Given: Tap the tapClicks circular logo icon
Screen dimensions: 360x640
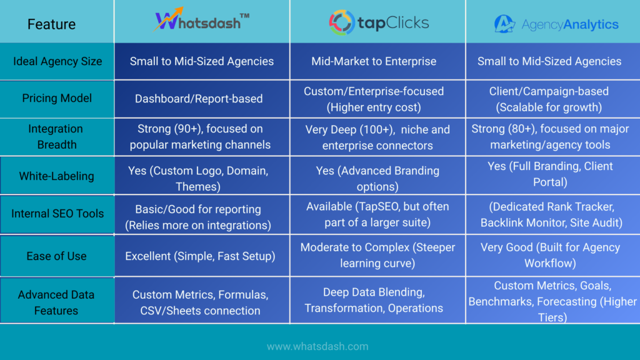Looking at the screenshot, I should (x=341, y=23).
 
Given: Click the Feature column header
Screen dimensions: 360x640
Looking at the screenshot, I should (x=51, y=24).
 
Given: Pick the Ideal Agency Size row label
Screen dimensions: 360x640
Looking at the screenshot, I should (x=57, y=61).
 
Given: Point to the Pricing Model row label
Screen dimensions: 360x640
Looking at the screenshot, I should (x=57, y=98).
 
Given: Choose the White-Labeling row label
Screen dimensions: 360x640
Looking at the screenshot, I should (x=57, y=176).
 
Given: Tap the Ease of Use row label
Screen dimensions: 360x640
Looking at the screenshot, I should (x=57, y=256).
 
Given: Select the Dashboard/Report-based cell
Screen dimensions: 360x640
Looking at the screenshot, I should (x=199, y=99).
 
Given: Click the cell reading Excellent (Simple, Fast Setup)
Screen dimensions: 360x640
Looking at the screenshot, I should (x=201, y=256).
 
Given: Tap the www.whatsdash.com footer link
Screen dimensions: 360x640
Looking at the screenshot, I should (x=317, y=346).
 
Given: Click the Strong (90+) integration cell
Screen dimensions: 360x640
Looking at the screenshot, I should (x=201, y=137).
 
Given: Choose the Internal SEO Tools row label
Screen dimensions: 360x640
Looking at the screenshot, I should (x=57, y=214).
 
